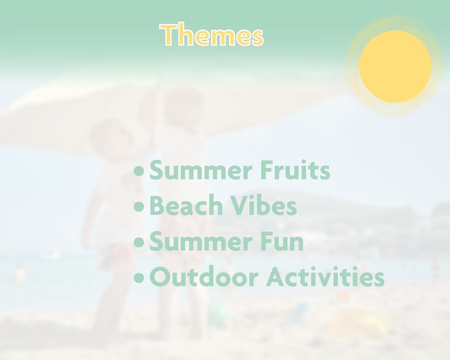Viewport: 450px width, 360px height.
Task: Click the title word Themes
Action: click(212, 35)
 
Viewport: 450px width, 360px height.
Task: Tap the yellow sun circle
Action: click(395, 66)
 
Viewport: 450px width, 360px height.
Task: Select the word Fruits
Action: click(295, 170)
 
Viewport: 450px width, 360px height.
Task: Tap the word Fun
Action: click(281, 242)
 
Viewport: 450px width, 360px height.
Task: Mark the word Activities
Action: click(325, 278)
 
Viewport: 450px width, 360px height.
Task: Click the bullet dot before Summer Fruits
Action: click(139, 171)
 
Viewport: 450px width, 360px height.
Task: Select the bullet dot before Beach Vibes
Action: click(139, 207)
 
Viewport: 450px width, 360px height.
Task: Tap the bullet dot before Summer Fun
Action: click(139, 243)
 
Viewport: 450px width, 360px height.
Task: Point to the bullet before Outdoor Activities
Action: click(139, 279)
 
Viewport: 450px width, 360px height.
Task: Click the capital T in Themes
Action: click(168, 35)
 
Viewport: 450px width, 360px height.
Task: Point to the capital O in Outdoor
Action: click(161, 278)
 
